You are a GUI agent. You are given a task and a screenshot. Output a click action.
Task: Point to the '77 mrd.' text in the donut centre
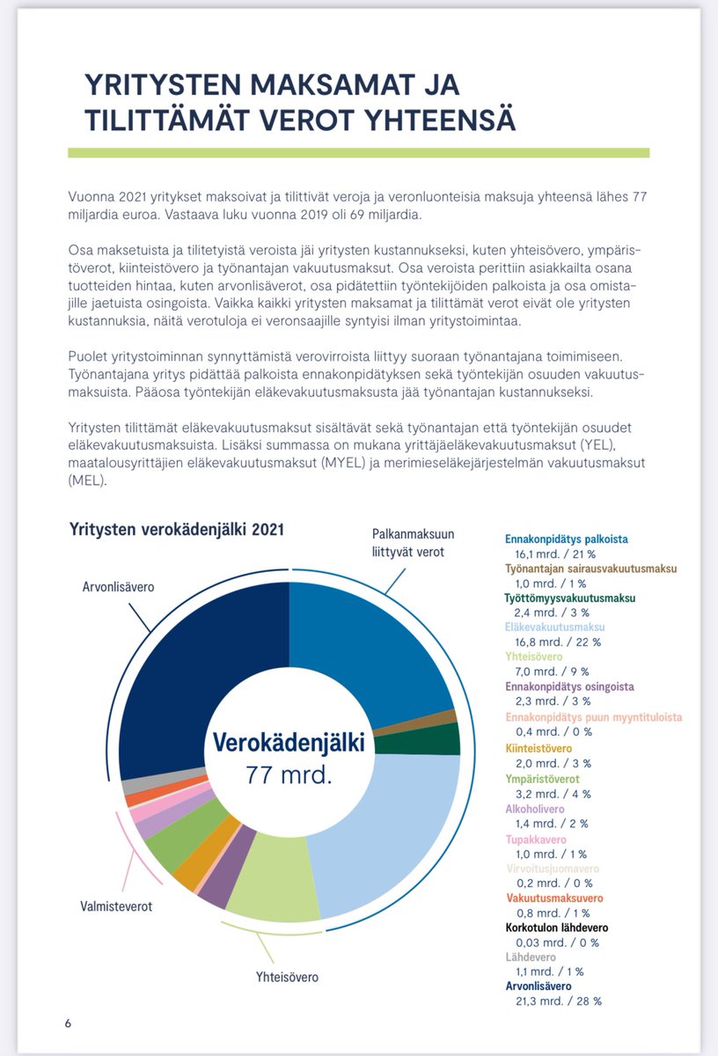[x=288, y=777]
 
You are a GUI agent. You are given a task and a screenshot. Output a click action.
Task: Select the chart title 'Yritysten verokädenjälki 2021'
[x=176, y=530]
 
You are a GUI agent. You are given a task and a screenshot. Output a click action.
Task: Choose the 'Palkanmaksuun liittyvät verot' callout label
[x=407, y=543]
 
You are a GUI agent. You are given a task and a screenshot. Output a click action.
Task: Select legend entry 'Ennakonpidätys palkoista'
[x=566, y=539]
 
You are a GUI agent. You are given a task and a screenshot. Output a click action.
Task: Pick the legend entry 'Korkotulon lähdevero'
[x=556, y=928]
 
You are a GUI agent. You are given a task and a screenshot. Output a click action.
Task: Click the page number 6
[x=68, y=1023]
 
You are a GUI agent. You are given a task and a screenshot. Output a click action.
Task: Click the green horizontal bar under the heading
[x=358, y=152]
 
